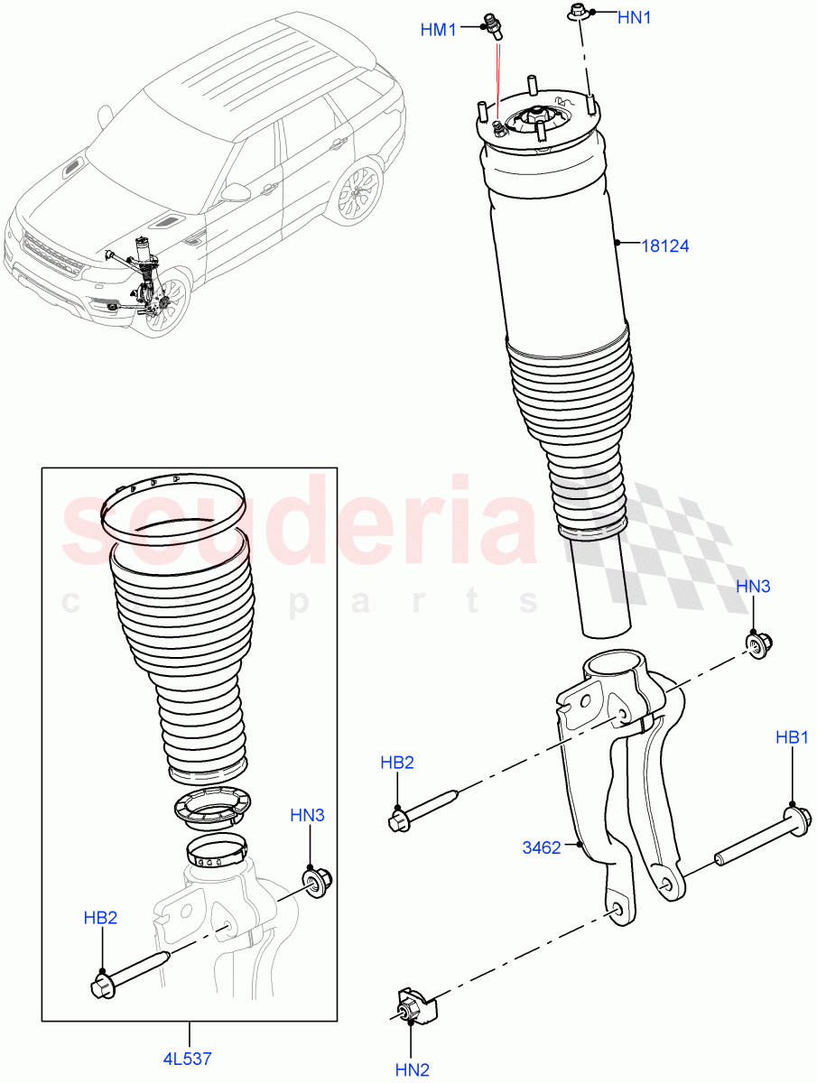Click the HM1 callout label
click(439, 30)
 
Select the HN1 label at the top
click(634, 17)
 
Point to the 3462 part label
click(541, 847)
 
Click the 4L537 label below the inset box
click(189, 1057)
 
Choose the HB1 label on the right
click(792, 737)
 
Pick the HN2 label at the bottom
click(412, 1069)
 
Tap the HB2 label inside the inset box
click(101, 918)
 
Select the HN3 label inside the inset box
click(307, 815)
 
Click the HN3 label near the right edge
click(753, 586)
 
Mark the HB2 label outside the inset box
click(396, 763)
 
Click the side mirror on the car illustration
click(237, 191)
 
